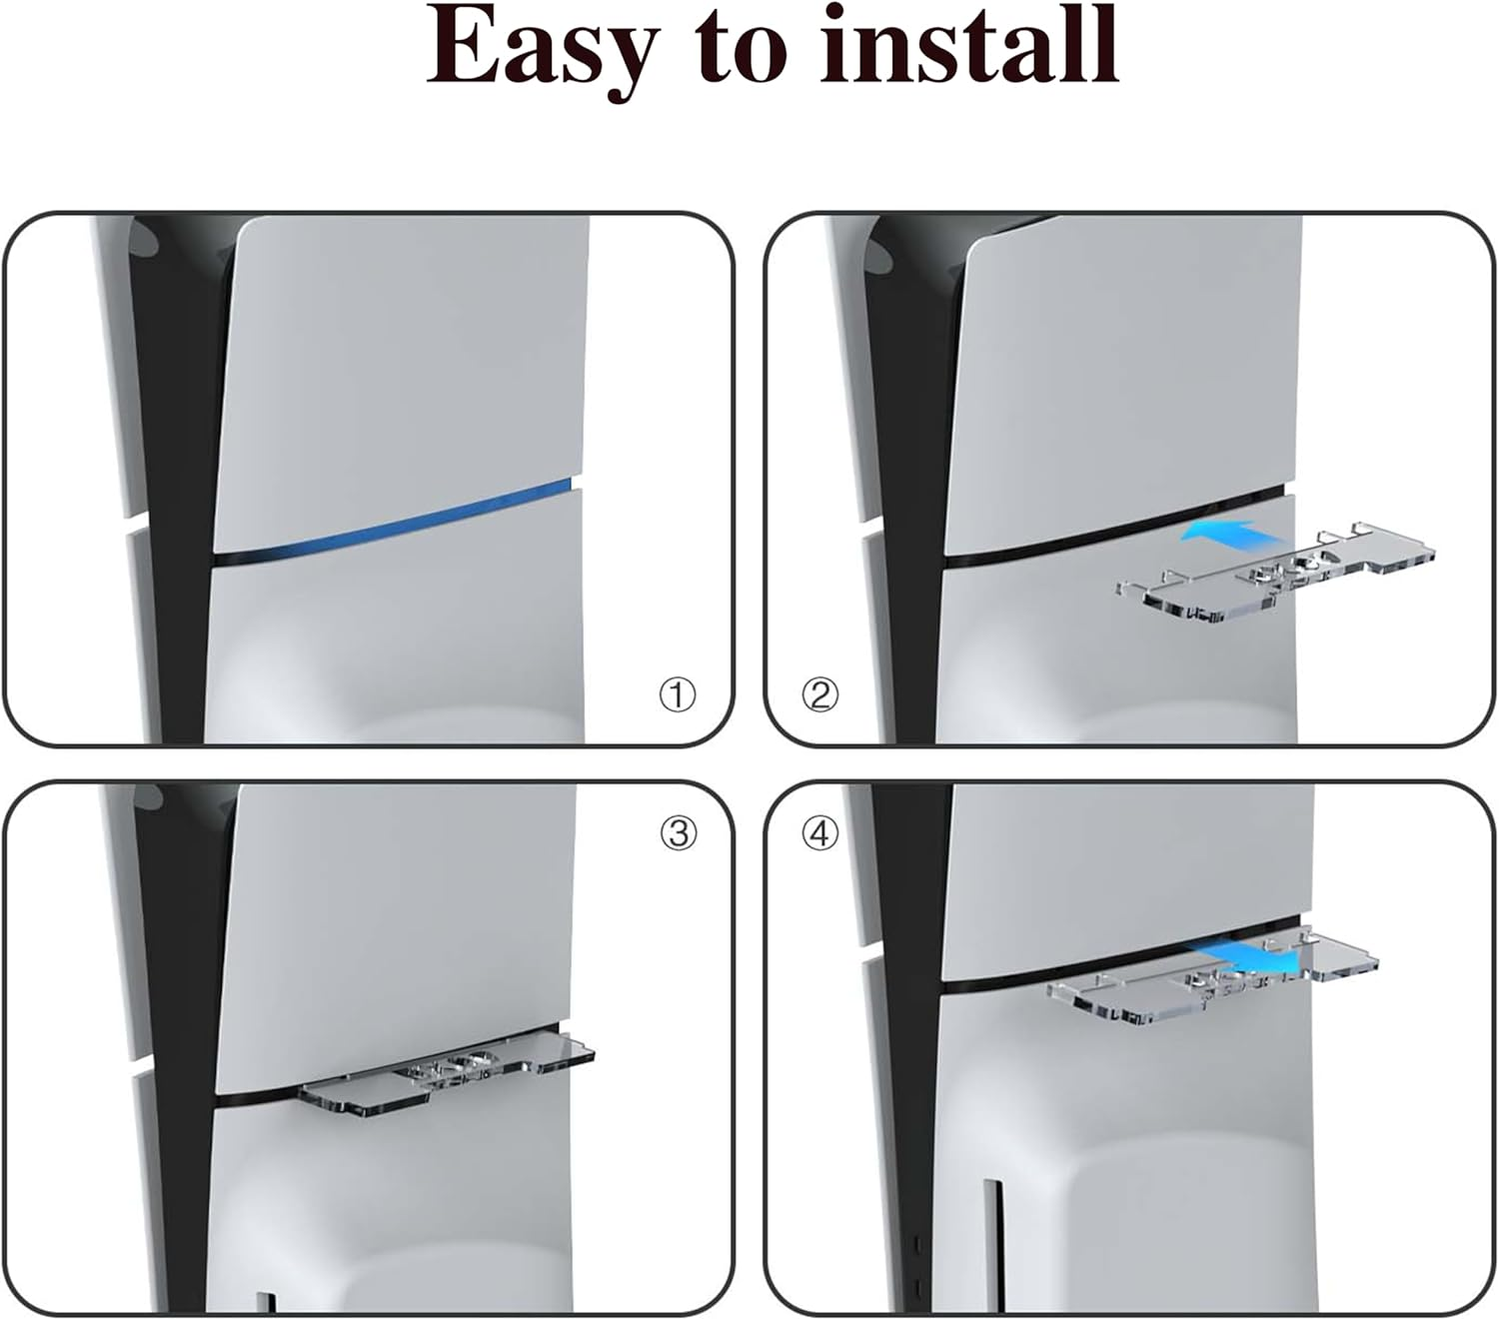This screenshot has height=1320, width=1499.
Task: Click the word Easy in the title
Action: pyautogui.click(x=544, y=48)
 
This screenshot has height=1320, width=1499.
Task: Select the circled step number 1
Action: pyautogui.click(x=678, y=694)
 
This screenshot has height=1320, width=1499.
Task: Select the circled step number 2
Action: pyautogui.click(x=820, y=694)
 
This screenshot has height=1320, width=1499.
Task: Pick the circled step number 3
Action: pyautogui.click(x=679, y=832)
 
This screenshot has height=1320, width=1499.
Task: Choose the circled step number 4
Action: pyautogui.click(x=820, y=832)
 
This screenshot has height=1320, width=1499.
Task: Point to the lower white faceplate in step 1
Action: pyautogui.click(x=400, y=640)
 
